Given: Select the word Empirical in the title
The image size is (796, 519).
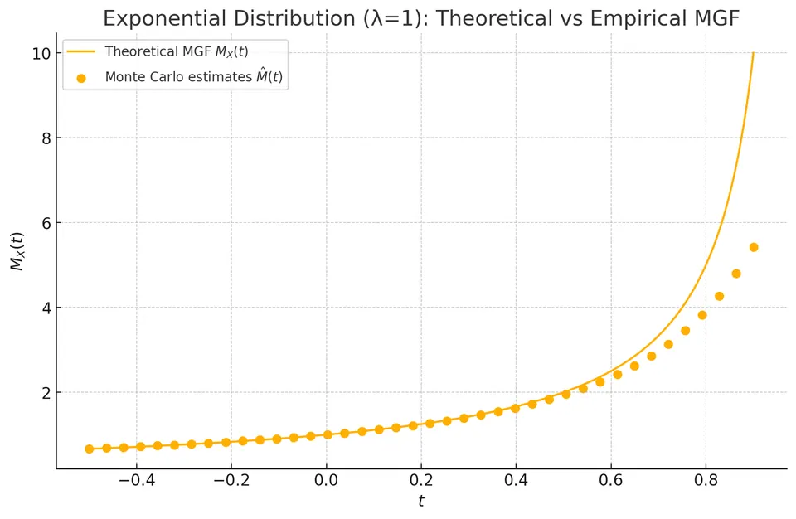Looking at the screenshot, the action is coord(634,19).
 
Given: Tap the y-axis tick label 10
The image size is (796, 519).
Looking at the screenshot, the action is coord(41,53).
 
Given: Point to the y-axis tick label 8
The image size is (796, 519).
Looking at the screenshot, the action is coord(46,138).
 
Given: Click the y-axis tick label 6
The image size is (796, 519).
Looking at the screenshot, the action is coord(46,223).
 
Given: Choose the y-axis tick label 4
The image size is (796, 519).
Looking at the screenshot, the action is coord(46,308).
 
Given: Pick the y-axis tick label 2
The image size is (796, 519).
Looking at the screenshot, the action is coord(46,392).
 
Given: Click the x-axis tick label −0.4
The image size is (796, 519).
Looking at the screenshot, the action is coord(137,480).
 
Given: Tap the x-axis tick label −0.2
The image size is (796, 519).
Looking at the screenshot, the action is coord(231,480).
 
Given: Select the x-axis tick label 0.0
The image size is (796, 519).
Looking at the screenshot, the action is coord(327,480).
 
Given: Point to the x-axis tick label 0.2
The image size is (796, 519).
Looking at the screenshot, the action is coord(421,480).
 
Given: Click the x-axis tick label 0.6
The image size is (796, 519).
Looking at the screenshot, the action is coord(611,480).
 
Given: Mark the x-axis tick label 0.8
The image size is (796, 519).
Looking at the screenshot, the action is coord(706,480).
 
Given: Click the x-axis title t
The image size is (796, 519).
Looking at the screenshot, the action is coord(421,502).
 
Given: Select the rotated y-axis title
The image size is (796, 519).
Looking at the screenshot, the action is coord(17,251).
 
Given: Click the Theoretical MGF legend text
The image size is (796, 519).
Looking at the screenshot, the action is coord(176,51).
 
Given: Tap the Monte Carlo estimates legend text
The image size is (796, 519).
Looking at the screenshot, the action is coord(193,76).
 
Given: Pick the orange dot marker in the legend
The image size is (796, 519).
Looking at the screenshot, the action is coord(81,78).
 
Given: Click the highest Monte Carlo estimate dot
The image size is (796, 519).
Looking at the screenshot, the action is coord(754,247).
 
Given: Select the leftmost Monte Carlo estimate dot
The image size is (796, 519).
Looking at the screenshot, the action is coord(90,449).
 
